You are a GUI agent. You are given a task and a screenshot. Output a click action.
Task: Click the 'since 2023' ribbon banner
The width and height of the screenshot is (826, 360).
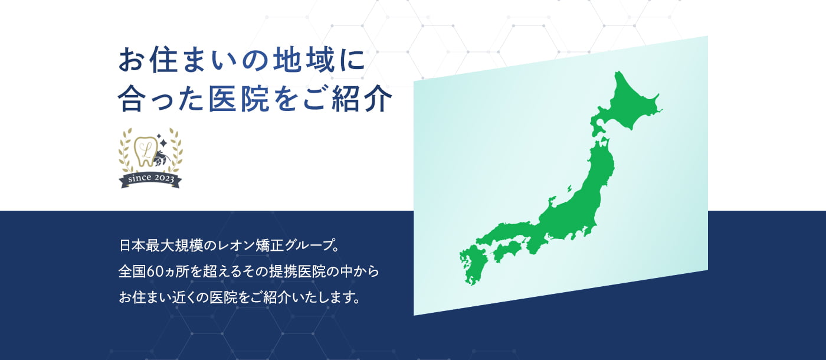coord(150,179)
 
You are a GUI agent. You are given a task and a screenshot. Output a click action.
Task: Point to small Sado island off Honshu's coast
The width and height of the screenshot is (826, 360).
coord(569,189)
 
